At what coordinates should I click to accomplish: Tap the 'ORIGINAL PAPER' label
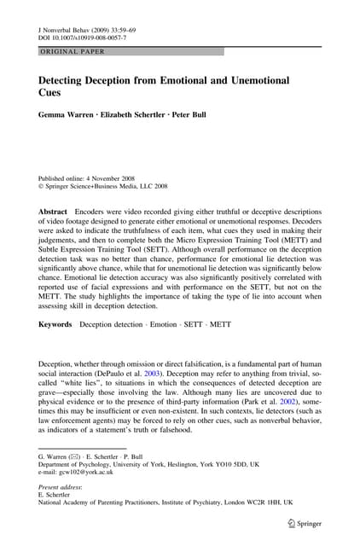(69, 52)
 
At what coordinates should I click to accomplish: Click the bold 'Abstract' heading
(54, 210)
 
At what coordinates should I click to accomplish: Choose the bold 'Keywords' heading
(55, 324)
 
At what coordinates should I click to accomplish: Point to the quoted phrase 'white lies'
(86, 387)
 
